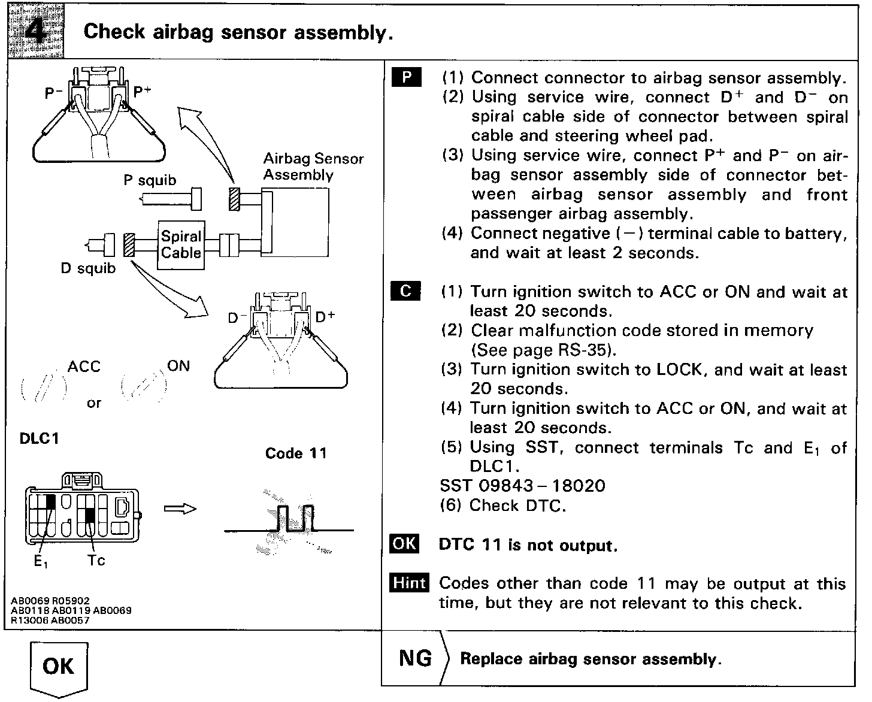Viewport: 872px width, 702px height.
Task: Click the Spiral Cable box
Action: pyautogui.click(x=181, y=245)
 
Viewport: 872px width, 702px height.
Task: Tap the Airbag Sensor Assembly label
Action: pyautogui.click(x=313, y=167)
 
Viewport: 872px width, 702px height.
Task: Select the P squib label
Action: pyautogui.click(x=150, y=180)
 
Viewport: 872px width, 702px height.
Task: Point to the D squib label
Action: pyautogui.click(x=88, y=268)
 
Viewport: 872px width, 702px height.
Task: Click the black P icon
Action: pyautogui.click(x=407, y=78)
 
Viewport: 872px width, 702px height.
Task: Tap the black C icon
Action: pyautogui.click(x=405, y=291)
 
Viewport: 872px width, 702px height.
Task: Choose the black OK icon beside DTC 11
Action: pyautogui.click(x=404, y=544)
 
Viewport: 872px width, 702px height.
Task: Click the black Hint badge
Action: pyautogui.click(x=410, y=583)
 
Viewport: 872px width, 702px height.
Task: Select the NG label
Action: pyautogui.click(x=415, y=659)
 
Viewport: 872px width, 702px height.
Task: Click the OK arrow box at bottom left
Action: pyautogui.click(x=59, y=667)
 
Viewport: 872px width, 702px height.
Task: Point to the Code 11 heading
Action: pyautogui.click(x=296, y=453)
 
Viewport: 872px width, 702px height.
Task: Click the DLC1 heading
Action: pyautogui.click(x=40, y=438)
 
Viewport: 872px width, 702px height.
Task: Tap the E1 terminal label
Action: pyautogui.click(x=40, y=562)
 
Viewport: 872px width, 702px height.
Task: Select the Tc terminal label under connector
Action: pyautogui.click(x=96, y=561)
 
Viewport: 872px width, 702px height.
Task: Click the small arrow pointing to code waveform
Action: pyautogui.click(x=180, y=509)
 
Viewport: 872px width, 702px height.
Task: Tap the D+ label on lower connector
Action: pyautogui.click(x=325, y=316)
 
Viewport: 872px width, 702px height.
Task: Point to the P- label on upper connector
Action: pyautogui.click(x=54, y=93)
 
